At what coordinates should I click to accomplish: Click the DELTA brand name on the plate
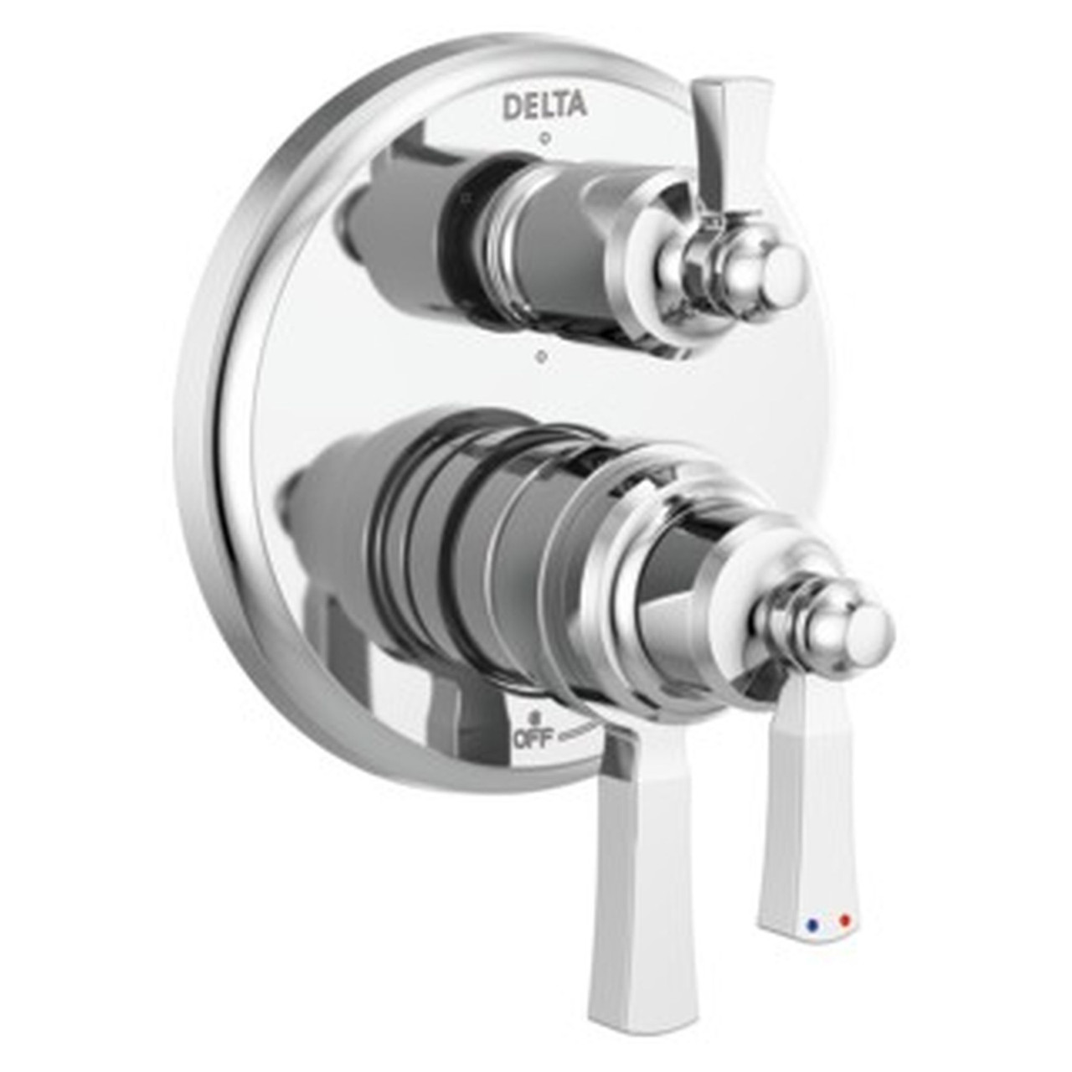[x=544, y=106]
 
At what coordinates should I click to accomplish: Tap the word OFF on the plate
[x=534, y=740]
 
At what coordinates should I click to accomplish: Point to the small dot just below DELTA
[x=544, y=135]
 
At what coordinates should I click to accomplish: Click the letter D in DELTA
[x=510, y=106]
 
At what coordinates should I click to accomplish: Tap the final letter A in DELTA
[x=577, y=106]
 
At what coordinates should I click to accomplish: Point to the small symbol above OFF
[x=533, y=719]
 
